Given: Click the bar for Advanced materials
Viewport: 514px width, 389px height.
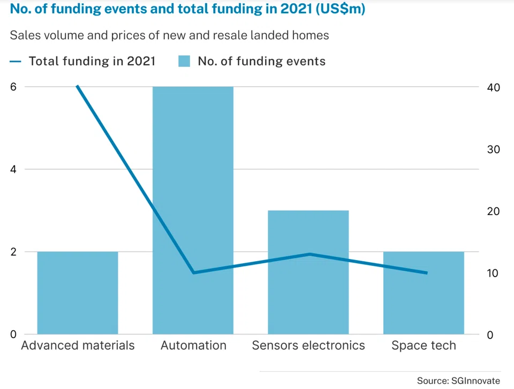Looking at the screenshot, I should click(78, 293).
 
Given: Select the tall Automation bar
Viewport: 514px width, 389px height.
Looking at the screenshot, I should click(193, 210).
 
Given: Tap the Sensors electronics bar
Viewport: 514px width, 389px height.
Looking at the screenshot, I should click(308, 272).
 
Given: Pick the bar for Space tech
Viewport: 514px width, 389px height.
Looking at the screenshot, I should click(424, 293).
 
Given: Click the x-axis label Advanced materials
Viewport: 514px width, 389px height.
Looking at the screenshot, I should click(78, 345).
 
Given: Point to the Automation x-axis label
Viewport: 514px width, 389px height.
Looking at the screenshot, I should click(193, 345).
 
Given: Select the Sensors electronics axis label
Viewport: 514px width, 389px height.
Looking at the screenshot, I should click(308, 345).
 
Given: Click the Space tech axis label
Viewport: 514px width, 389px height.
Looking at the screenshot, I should click(424, 345).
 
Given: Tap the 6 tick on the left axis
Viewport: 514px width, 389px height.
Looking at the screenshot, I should click(13, 87).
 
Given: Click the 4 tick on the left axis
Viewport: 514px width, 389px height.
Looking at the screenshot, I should click(13, 170).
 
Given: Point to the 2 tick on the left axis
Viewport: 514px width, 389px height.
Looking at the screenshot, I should click(13, 252).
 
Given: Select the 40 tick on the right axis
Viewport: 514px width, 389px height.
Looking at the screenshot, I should click(493, 88).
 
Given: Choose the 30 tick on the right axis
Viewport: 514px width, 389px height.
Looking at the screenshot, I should click(493, 149).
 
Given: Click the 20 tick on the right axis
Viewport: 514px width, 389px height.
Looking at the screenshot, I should click(493, 211).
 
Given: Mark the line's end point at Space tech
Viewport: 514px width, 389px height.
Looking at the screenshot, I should click(426, 273).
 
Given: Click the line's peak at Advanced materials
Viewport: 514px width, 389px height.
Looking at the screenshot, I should click(78, 86).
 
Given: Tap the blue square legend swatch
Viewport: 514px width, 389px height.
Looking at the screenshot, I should click(184, 61).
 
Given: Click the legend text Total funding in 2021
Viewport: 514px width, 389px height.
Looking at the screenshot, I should click(92, 61).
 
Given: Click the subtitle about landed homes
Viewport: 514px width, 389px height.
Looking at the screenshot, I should click(169, 36).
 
